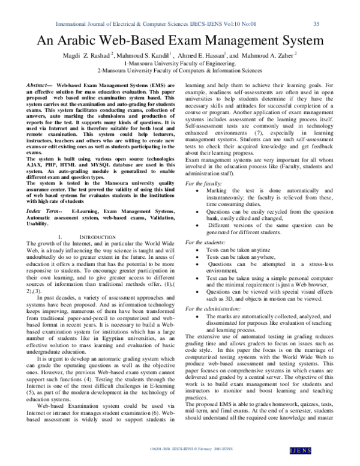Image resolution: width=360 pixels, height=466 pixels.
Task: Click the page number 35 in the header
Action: point(316,24)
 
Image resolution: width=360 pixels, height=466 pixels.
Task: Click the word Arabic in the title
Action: point(88,41)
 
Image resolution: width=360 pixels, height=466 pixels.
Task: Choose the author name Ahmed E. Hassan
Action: point(199,55)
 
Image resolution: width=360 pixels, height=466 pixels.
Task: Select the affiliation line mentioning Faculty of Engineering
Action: point(180,62)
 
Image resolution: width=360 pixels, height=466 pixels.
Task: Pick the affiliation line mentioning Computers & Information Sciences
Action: point(180,70)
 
